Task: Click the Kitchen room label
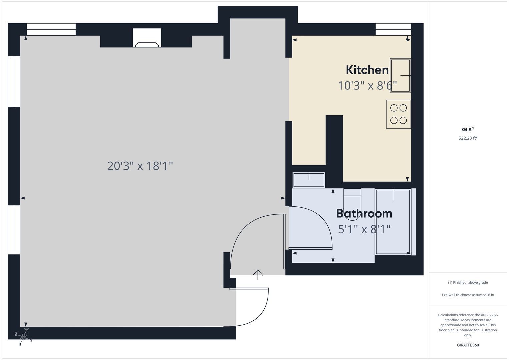tap(367, 70)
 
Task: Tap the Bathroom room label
tap(364, 214)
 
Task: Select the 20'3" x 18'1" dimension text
tap(140, 166)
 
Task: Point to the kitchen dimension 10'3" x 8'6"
tap(367, 86)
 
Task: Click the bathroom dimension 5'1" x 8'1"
tap(364, 229)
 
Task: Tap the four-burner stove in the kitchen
tap(398, 114)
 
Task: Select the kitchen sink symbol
tap(400, 75)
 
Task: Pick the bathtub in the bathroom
tap(393, 222)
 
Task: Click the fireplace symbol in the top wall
tap(147, 38)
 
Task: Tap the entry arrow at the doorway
tap(258, 275)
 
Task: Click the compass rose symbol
tap(23, 337)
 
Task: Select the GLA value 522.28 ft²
tap(468, 138)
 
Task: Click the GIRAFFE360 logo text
tap(468, 345)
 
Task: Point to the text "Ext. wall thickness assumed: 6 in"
tap(468, 295)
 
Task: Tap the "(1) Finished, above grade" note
tap(468, 283)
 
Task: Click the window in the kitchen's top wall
tap(393, 29)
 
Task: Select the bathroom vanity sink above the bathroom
tap(309, 180)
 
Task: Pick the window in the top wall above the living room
tap(51, 29)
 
